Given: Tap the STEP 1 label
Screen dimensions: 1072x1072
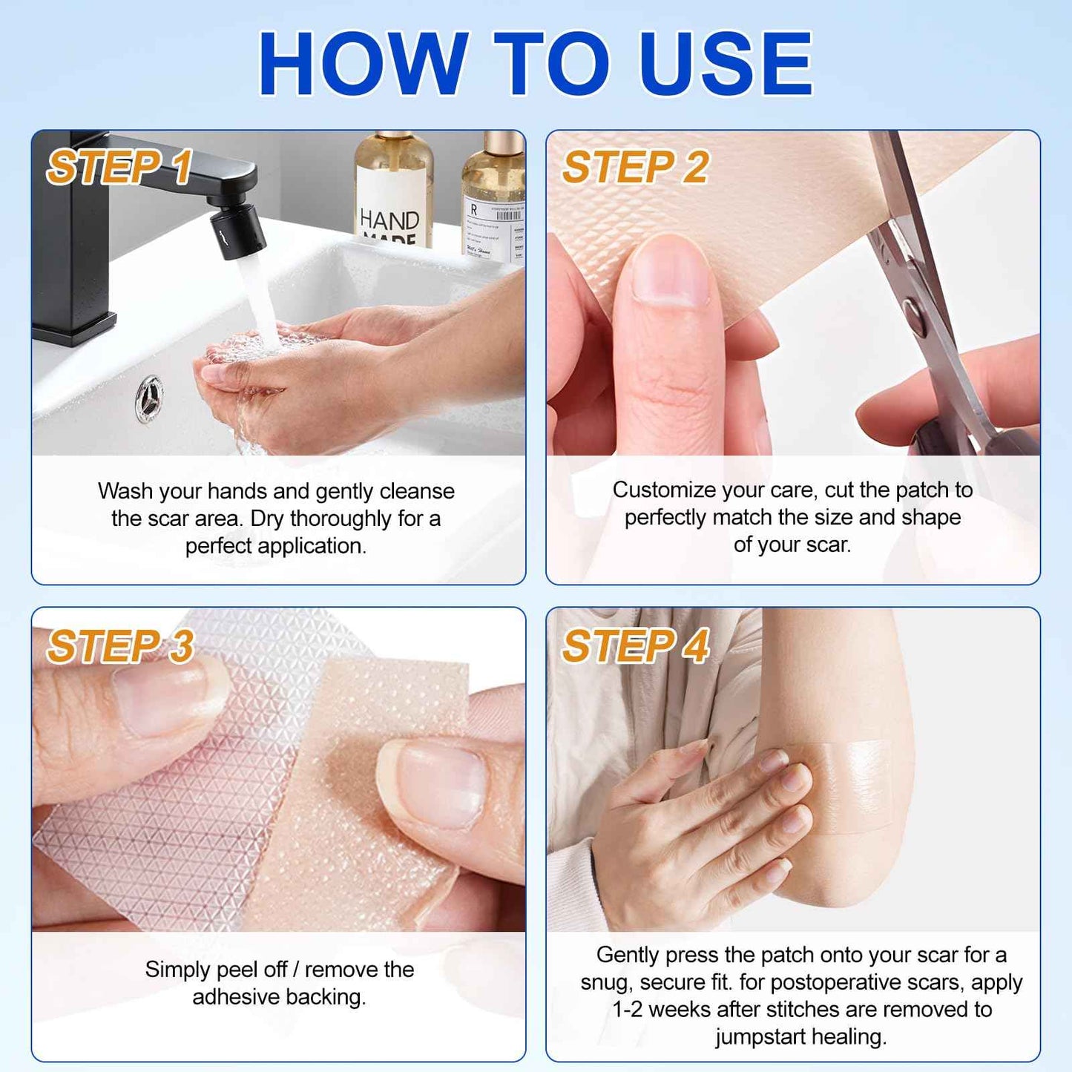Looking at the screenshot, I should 119,167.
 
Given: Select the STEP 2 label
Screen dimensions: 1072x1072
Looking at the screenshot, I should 634,167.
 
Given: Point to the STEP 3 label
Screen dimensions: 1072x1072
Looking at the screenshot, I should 120,646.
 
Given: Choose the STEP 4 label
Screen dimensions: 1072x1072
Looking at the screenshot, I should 635,646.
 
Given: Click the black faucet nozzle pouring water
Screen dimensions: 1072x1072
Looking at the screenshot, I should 237,230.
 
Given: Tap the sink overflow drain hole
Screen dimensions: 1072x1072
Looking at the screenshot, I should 150,399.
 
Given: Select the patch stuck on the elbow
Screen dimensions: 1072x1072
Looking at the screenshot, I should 853,786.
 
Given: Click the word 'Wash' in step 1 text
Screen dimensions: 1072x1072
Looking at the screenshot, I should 125,491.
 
